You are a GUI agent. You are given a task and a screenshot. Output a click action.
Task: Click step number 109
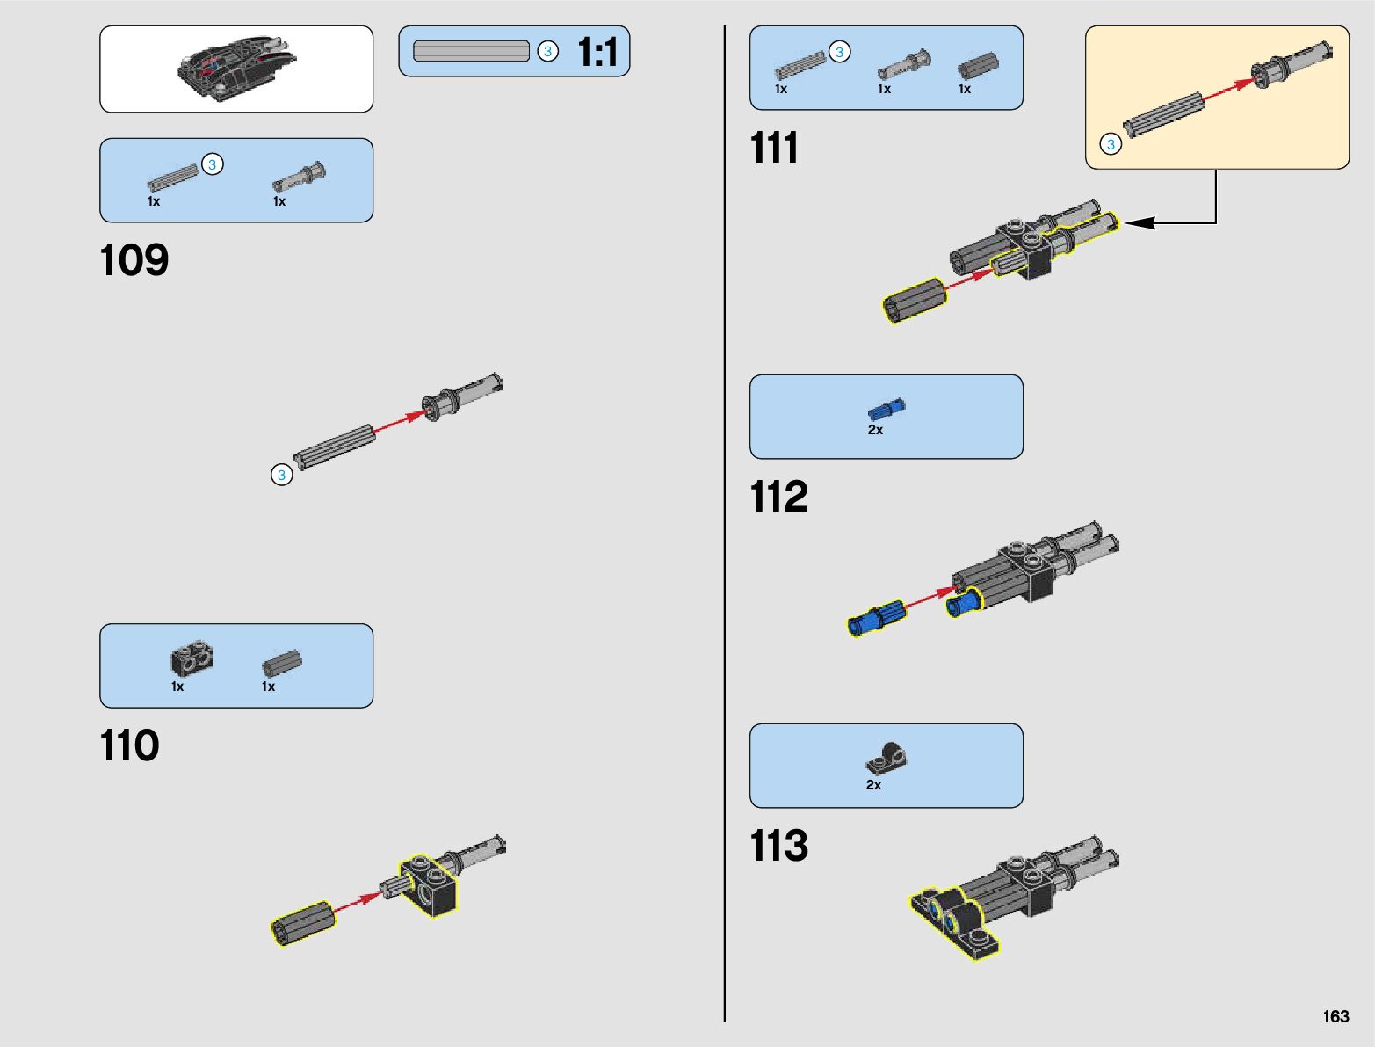click(x=134, y=260)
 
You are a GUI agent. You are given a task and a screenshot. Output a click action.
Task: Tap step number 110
click(x=130, y=745)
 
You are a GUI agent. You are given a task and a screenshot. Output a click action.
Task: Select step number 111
click(x=774, y=148)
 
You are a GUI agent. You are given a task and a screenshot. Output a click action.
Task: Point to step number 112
click(x=778, y=497)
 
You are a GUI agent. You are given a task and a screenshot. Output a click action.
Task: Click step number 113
click(x=778, y=846)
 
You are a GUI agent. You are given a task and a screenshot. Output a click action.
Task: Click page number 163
click(x=1335, y=1016)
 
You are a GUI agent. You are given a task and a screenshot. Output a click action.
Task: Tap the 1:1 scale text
click(x=597, y=52)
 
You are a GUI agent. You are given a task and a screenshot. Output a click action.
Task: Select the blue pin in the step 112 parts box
click(x=886, y=409)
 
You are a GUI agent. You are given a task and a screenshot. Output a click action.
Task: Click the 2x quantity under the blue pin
click(x=875, y=430)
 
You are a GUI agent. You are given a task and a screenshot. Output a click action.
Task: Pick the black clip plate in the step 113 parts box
click(x=886, y=757)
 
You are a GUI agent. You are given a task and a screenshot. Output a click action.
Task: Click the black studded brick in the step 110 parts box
click(x=191, y=658)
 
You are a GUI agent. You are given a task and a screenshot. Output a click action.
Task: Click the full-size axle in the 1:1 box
click(x=471, y=52)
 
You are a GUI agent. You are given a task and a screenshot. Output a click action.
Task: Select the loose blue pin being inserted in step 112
click(x=875, y=617)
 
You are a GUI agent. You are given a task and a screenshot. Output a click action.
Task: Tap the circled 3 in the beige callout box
click(x=1111, y=144)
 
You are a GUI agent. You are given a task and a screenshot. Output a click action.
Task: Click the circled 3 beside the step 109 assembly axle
click(x=281, y=475)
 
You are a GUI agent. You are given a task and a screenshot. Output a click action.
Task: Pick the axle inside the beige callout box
click(x=1162, y=114)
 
